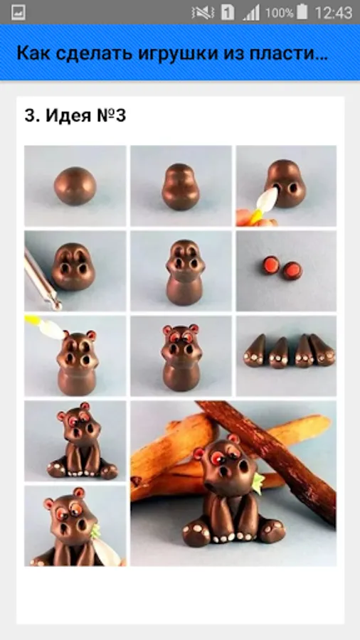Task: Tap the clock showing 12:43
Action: tap(333, 13)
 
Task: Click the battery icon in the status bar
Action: tap(302, 12)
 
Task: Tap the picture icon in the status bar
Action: tap(18, 12)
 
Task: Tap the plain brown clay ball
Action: tap(75, 186)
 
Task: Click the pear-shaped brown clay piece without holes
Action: tap(181, 187)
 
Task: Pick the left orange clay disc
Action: tap(270, 265)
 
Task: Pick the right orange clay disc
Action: tap(292, 270)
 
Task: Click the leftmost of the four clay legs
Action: tap(255, 351)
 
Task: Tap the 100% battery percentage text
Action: tap(280, 13)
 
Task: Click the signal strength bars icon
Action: tap(251, 13)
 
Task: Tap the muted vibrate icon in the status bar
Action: tap(203, 13)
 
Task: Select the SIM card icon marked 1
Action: tap(228, 13)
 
